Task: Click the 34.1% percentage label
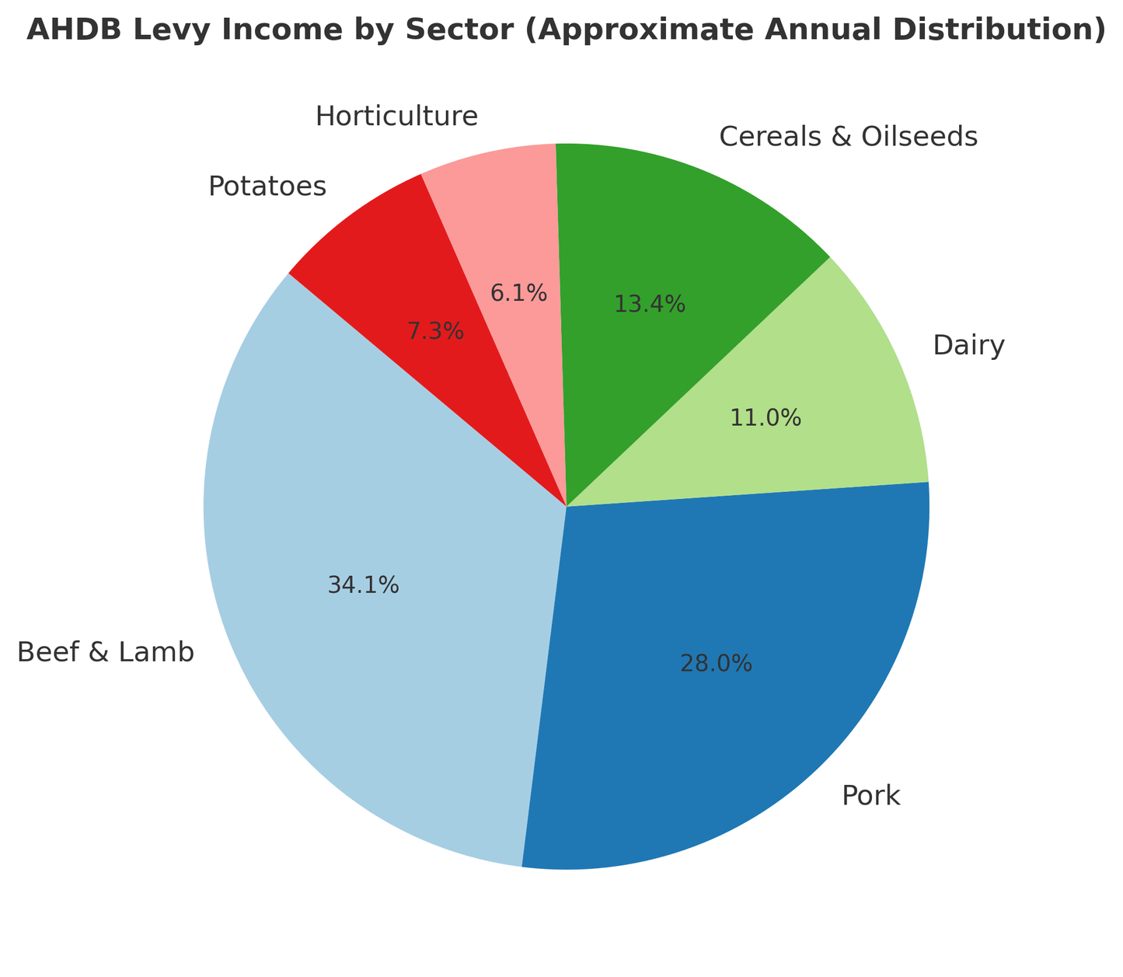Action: [364, 585]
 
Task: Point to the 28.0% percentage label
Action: [716, 663]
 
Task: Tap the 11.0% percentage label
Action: [766, 418]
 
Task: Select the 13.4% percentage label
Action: [650, 304]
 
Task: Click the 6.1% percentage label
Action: [518, 293]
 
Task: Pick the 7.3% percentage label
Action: [436, 332]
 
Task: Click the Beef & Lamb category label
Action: [106, 653]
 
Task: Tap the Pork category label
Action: [870, 796]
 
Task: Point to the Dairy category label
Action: [968, 345]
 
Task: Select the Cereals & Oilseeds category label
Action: [848, 137]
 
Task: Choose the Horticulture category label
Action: [396, 117]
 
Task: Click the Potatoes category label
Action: [267, 187]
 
